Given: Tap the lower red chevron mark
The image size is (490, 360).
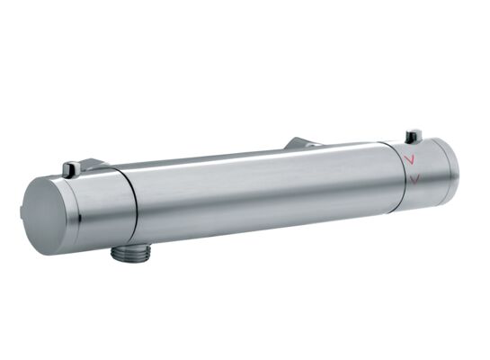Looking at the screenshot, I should pyautogui.click(x=413, y=180).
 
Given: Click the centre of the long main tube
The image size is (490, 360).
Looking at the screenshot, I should pyautogui.click(x=261, y=193).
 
